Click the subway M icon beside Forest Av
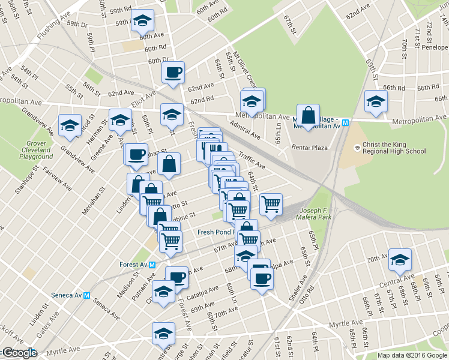click(x=152, y=265)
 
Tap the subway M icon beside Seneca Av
click(x=87, y=295)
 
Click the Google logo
click(x=19, y=353)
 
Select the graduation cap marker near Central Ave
click(x=400, y=259)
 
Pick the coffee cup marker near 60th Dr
click(x=173, y=73)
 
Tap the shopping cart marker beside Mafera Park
click(x=271, y=204)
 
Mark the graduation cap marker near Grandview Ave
click(x=70, y=125)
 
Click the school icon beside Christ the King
click(x=357, y=148)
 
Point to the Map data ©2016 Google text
click(x=412, y=355)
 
